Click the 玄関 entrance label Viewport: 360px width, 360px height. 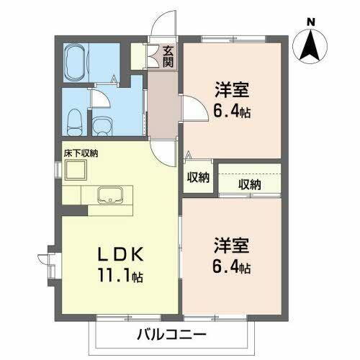tap(168, 55)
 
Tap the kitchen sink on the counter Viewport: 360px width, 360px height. tap(111, 195)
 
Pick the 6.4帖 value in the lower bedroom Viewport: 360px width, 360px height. tap(232, 268)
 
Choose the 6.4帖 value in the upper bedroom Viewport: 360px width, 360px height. tap(232, 112)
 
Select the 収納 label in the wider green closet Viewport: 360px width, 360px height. tap(249, 184)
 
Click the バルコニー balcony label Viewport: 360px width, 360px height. tap(171, 335)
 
